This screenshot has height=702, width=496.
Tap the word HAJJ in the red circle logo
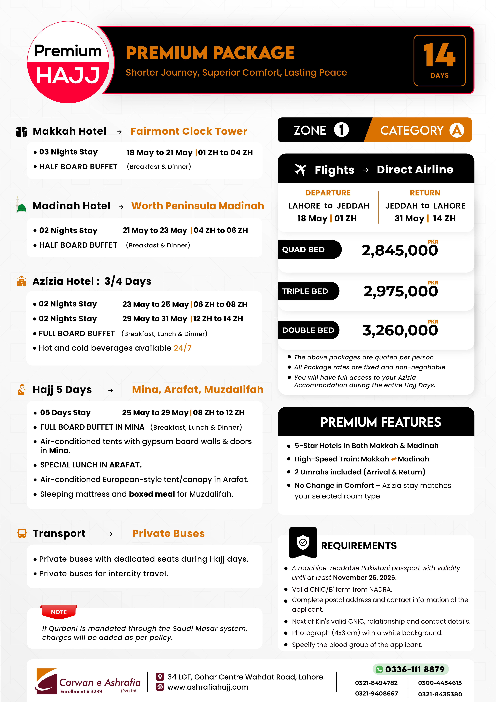(68, 76)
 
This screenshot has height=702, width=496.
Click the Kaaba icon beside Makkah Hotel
(21, 132)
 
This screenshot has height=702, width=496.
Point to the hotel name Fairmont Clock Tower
(189, 131)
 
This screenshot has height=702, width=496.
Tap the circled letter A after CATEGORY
(457, 130)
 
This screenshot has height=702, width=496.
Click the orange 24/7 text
(182, 348)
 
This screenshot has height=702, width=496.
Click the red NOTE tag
(59, 612)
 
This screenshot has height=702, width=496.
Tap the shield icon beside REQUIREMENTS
(303, 543)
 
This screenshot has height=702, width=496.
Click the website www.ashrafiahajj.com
(208, 687)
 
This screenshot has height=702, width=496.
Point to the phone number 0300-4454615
(439, 683)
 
